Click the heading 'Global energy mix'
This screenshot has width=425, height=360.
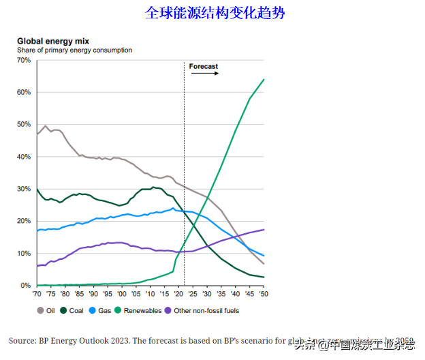[x=52, y=42]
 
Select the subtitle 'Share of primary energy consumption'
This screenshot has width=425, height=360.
[x=74, y=50]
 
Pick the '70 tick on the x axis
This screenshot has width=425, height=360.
[x=37, y=294]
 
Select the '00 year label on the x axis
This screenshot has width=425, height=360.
[x=121, y=294]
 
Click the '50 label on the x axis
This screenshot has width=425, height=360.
[x=264, y=294]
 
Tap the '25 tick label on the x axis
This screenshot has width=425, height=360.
[x=193, y=294]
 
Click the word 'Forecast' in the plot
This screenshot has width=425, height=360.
[x=203, y=66]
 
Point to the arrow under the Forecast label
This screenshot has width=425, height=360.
[x=204, y=74]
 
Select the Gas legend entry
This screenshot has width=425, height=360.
[x=101, y=310]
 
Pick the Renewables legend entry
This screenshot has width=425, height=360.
[x=140, y=310]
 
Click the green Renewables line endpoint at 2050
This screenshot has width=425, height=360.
[x=264, y=80]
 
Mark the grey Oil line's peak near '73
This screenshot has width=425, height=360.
[x=46, y=126]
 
